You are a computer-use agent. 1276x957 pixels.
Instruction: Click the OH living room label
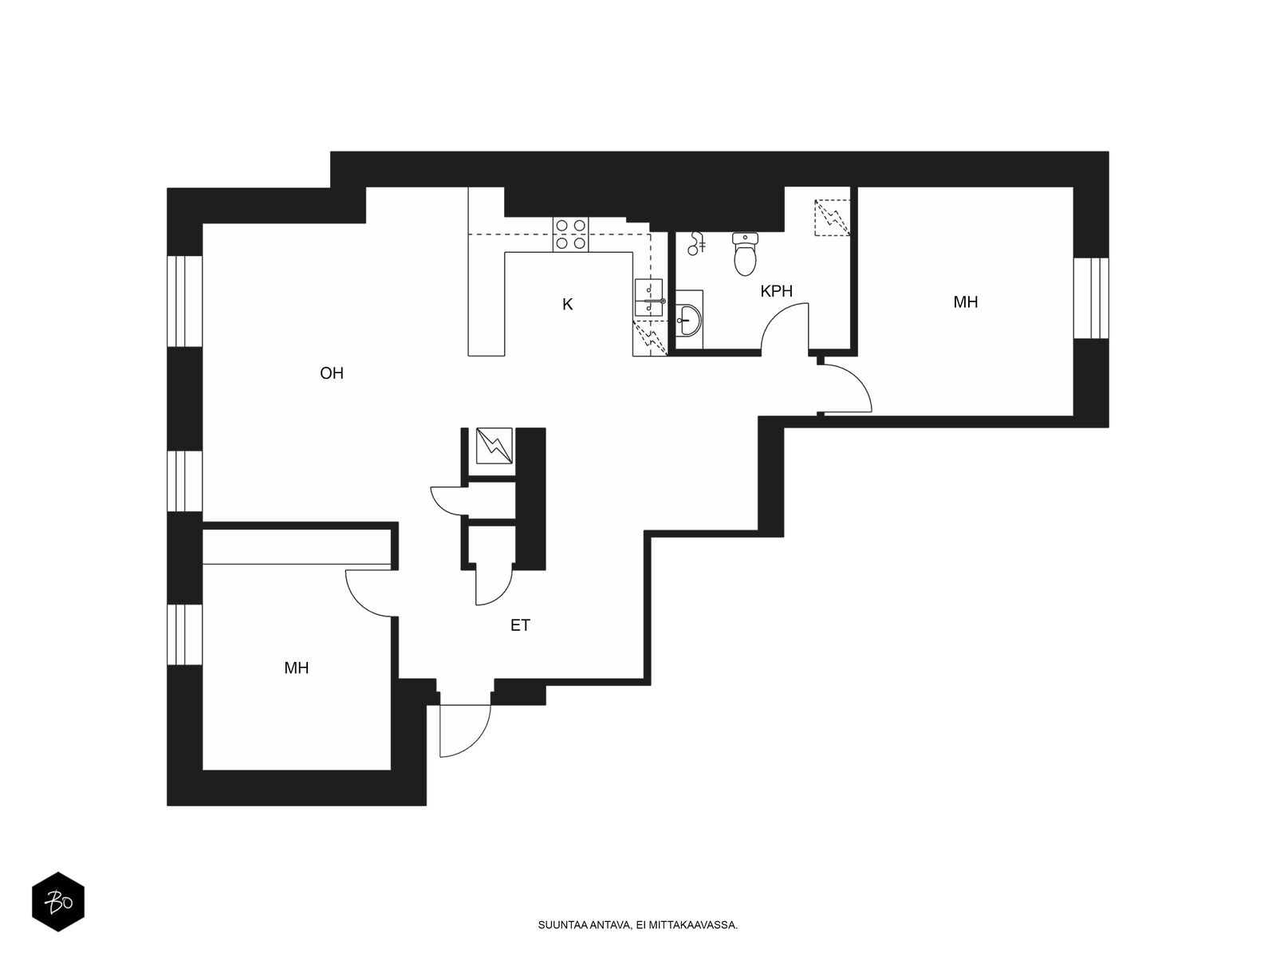(x=331, y=373)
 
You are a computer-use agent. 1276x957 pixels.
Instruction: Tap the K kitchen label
(x=567, y=304)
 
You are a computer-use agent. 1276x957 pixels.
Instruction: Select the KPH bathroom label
(x=776, y=291)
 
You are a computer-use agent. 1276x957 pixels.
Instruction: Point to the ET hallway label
(x=520, y=625)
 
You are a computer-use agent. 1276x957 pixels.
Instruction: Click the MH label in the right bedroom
(x=966, y=302)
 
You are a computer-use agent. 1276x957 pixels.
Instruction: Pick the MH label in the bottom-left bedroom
(x=296, y=668)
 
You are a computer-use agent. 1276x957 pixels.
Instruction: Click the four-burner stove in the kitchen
(x=570, y=234)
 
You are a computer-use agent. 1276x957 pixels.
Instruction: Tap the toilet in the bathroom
(x=745, y=254)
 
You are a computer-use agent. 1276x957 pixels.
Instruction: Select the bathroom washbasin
(x=689, y=320)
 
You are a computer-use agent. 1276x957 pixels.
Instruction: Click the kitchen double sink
(x=648, y=297)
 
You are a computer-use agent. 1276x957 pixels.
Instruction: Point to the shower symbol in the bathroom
(x=696, y=243)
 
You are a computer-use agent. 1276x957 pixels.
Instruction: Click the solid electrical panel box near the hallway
(x=494, y=446)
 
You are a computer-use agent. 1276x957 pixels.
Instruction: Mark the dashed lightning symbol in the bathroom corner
(x=832, y=217)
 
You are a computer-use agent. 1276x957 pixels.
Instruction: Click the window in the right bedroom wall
(x=1091, y=298)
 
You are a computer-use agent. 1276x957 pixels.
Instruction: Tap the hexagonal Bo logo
(x=58, y=903)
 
